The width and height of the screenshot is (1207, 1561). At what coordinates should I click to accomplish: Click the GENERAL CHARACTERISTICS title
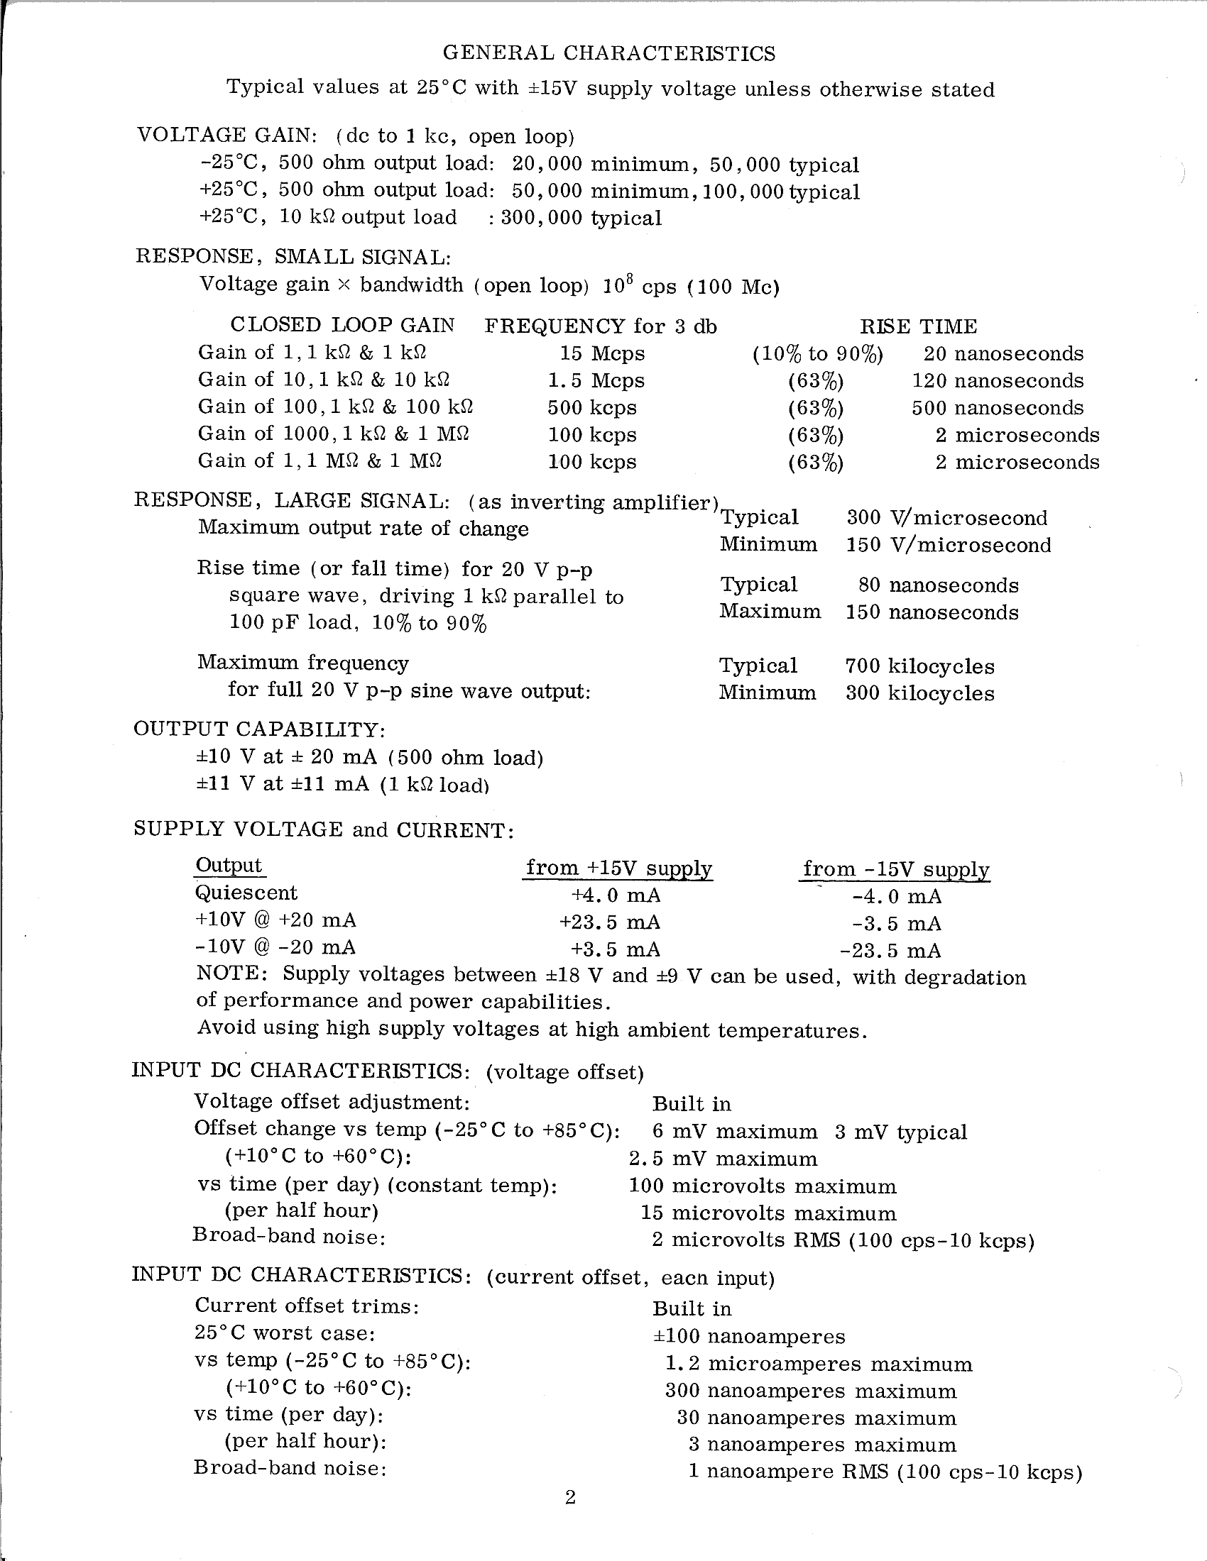[609, 54]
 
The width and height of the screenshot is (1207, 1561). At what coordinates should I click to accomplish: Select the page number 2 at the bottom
[570, 1497]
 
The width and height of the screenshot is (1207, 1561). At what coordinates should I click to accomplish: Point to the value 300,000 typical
[581, 218]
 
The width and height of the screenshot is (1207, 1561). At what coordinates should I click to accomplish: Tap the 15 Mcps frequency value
[601, 354]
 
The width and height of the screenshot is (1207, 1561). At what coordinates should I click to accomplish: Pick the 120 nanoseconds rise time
[998, 381]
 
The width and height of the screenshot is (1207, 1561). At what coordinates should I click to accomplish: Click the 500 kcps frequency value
[591, 408]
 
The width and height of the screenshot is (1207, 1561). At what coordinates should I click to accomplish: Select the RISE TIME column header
[917, 326]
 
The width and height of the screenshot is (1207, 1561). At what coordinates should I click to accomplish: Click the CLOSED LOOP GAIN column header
[342, 325]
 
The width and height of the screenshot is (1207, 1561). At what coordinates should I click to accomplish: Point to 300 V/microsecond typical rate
[946, 518]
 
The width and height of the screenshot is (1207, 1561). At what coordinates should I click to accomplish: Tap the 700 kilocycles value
[919, 667]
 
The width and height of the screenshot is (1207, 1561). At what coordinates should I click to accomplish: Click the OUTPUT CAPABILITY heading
[260, 729]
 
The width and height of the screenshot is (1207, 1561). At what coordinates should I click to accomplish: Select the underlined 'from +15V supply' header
[618, 868]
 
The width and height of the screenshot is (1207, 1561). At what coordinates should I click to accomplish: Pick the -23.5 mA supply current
[890, 952]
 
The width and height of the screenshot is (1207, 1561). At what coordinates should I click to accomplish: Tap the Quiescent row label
[246, 893]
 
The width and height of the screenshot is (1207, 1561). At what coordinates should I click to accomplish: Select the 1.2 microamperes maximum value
[819, 1364]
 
